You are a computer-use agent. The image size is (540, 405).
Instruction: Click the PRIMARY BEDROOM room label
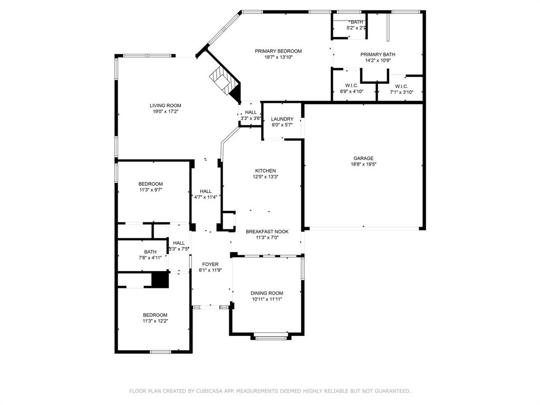point(278,51)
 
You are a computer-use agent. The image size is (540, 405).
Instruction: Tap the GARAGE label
point(363,158)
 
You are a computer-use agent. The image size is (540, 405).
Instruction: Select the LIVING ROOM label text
point(165,105)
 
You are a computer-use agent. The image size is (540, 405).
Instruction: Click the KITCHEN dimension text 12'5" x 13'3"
point(265,177)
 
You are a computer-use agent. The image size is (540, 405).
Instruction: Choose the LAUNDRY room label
point(282,119)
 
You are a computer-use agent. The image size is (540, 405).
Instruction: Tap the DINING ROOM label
point(267,293)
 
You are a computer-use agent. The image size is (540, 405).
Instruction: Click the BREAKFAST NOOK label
point(267,232)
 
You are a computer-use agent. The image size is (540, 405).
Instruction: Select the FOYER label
point(210,264)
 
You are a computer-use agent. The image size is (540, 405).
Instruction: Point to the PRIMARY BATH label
point(378,54)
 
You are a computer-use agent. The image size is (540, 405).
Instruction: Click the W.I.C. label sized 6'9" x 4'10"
point(352,86)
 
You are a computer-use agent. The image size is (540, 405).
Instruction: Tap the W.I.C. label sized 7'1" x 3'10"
point(401,86)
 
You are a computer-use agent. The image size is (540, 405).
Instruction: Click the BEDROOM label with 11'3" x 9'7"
point(150,184)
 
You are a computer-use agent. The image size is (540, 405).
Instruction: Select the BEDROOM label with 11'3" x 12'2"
point(155,315)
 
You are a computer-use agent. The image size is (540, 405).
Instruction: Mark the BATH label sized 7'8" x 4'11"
point(150,252)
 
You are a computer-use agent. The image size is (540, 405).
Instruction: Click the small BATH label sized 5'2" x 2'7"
point(356,22)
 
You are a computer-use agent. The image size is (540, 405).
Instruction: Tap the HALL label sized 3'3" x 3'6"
point(250,112)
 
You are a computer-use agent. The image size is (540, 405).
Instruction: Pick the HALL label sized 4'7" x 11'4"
point(206,191)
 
